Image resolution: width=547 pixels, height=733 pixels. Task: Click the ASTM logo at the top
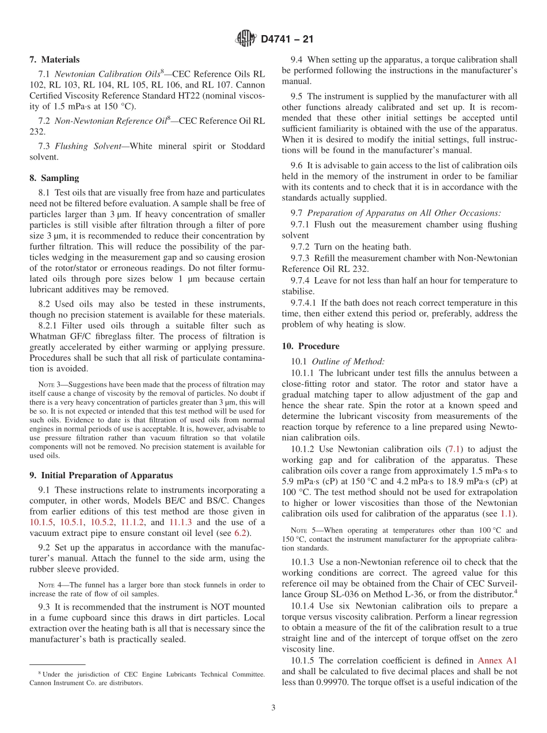point(246,39)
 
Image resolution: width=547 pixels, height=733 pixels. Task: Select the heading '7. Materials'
point(55,60)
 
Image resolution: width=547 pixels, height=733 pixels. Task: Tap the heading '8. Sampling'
point(54,178)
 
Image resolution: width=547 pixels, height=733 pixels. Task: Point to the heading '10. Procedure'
point(310,346)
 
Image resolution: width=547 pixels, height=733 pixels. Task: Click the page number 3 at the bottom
point(273,708)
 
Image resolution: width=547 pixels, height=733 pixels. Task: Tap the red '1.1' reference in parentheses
point(507,513)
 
